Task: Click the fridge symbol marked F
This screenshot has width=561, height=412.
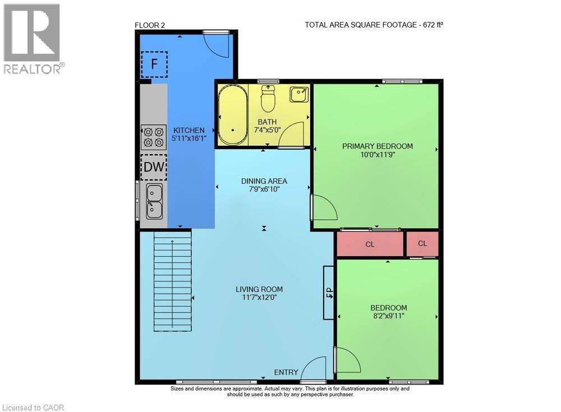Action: [154, 64]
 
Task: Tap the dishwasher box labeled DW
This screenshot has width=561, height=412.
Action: [153, 166]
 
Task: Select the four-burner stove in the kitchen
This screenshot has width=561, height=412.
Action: [153, 137]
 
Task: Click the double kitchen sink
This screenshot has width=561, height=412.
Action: [154, 201]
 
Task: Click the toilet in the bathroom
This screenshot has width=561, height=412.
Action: [268, 100]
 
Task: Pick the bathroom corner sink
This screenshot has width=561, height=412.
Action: [298, 94]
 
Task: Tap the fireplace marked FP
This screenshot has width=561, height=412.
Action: [329, 292]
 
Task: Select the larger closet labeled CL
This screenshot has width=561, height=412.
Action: [370, 244]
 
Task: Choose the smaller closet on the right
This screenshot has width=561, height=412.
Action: [422, 244]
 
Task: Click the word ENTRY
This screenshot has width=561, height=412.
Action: [286, 373]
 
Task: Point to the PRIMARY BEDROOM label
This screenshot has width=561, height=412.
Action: [377, 146]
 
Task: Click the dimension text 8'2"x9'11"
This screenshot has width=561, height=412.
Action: [388, 316]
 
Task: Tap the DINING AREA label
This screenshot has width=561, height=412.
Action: [264, 181]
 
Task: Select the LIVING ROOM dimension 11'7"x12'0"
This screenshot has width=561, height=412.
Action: [259, 298]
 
